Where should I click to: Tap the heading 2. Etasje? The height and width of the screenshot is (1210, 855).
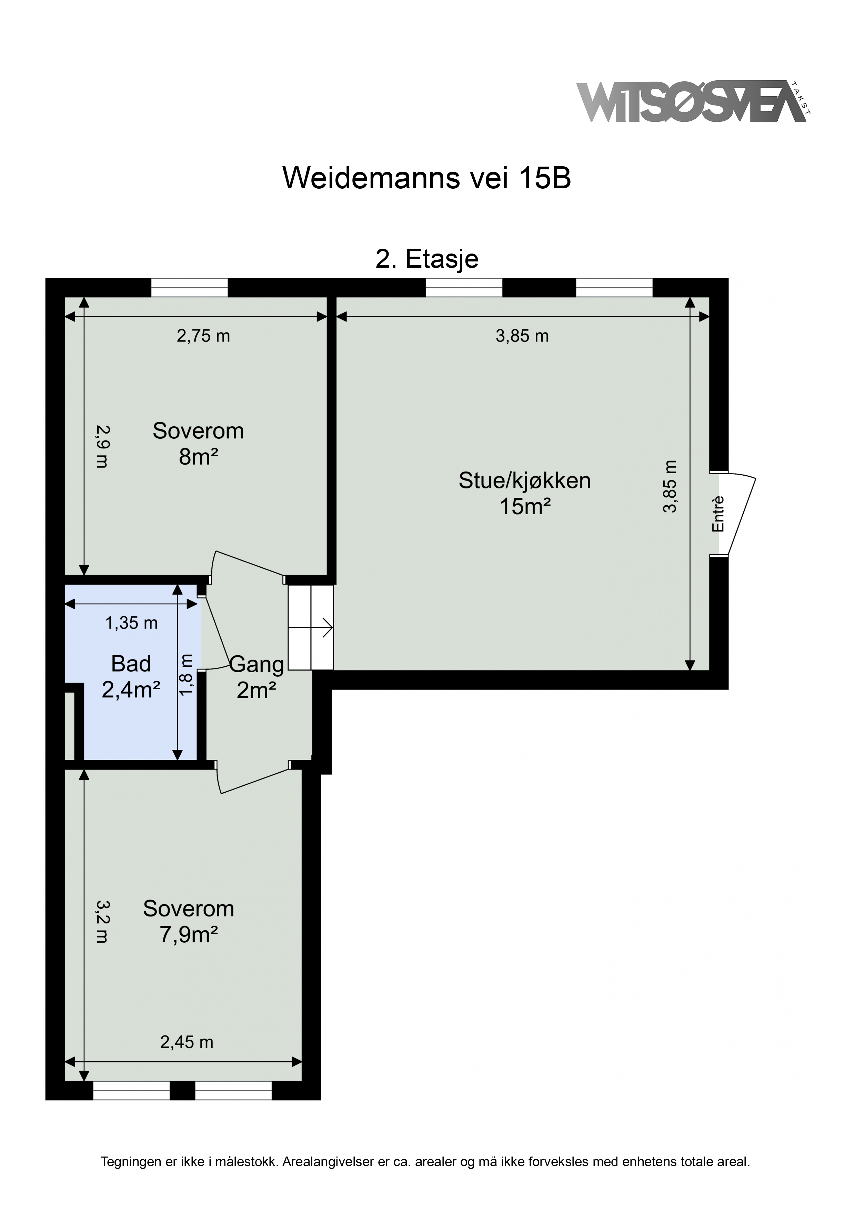pyautogui.click(x=427, y=259)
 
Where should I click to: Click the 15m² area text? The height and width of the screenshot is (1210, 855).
pyautogui.click(x=525, y=506)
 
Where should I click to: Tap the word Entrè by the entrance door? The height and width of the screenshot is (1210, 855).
pyautogui.click(x=718, y=514)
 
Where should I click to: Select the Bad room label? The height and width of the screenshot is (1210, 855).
pyautogui.click(x=131, y=664)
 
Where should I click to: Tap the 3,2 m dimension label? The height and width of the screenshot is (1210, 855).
pyautogui.click(x=102, y=922)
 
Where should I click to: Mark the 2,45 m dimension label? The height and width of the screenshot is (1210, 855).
pyautogui.click(x=187, y=1042)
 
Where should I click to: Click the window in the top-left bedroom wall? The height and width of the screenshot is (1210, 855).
pyautogui.click(x=190, y=288)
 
